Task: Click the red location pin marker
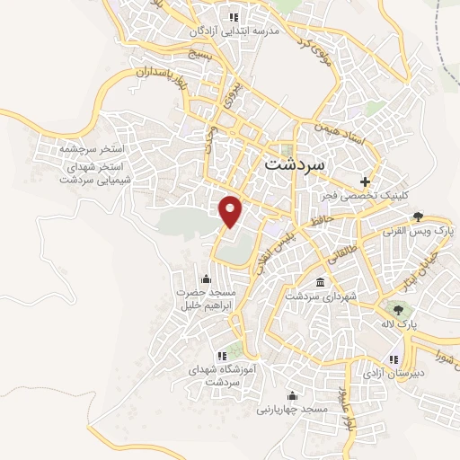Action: pos(232,210)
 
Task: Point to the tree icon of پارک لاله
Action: pos(397,310)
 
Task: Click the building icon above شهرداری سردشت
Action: pos(321,284)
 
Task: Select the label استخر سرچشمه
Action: pos(91,146)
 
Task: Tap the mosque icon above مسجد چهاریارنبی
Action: pos(290,396)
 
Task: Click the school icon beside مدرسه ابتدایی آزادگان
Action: pos(234,16)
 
